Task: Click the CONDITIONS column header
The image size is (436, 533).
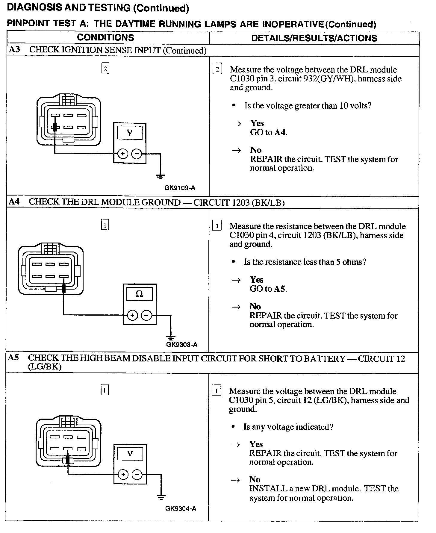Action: click(x=105, y=38)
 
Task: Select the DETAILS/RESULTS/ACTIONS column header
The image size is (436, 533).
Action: click(x=314, y=38)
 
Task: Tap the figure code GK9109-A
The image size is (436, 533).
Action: click(x=180, y=188)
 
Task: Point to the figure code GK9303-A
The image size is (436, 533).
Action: click(x=182, y=345)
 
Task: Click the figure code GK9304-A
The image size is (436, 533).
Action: click(x=181, y=508)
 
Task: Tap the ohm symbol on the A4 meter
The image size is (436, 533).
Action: click(x=139, y=294)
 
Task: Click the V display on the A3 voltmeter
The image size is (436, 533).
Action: click(x=130, y=132)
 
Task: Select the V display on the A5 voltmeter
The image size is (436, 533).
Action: click(x=130, y=454)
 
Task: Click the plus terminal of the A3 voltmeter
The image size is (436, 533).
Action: click(x=122, y=154)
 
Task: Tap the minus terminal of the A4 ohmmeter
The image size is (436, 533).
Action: click(x=146, y=315)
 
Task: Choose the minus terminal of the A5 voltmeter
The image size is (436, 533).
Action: click(x=137, y=475)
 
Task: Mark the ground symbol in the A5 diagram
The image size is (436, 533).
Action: click(x=161, y=497)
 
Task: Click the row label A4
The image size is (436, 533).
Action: click(x=14, y=202)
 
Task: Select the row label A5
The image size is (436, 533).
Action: click(x=13, y=358)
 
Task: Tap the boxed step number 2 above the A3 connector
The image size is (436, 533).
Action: click(x=105, y=69)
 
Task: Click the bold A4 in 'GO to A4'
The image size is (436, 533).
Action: click(x=280, y=132)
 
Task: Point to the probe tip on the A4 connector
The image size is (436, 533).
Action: click(x=63, y=288)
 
